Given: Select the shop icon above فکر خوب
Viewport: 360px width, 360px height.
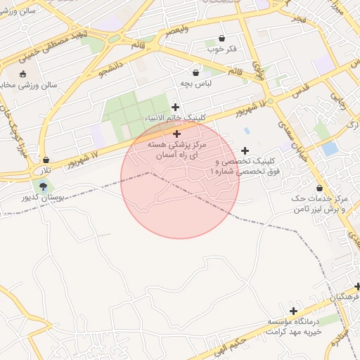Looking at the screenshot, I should tap(222, 38).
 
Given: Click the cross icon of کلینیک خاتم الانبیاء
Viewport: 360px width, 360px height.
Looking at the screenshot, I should tap(175, 107).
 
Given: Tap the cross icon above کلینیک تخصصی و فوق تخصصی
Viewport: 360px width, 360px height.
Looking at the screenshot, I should tap(245, 150).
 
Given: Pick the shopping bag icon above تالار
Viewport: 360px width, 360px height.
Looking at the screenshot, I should tap(46, 160).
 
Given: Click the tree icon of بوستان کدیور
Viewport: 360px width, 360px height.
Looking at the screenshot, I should tap(44, 186).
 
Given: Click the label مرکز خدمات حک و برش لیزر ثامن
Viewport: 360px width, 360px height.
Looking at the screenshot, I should tap(320, 205).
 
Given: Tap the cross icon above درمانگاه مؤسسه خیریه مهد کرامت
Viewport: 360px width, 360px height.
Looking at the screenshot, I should tap(293, 311).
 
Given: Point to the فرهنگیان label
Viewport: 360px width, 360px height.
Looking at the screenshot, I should tap(344, 297).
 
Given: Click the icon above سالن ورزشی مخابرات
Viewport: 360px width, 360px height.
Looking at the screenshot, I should tap(22, 74).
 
